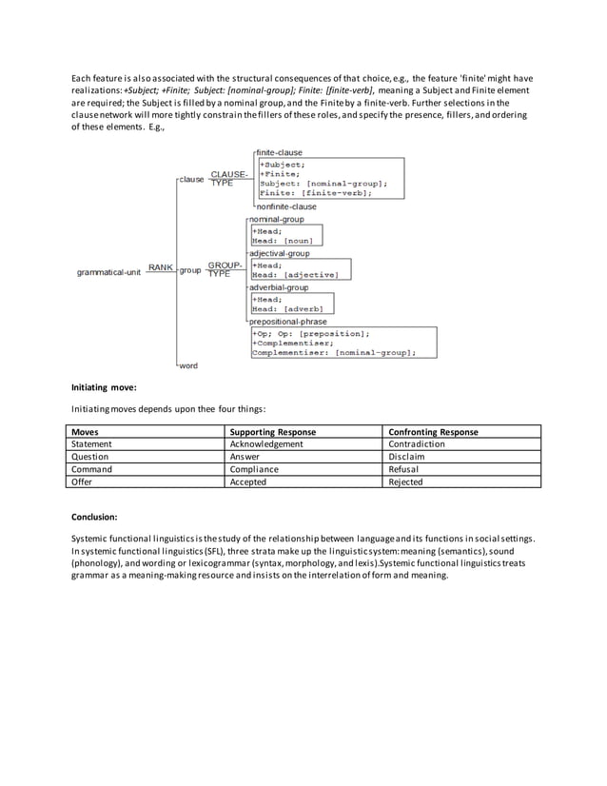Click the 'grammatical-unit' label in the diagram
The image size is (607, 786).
tap(108, 272)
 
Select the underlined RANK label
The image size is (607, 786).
tap(160, 267)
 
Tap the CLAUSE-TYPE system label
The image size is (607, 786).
tap(228, 178)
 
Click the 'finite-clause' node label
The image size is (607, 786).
tap(279, 152)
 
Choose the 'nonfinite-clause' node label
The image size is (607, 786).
tap(286, 206)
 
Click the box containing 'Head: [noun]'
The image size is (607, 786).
tap(285, 235)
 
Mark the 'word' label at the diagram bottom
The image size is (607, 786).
tap(188, 365)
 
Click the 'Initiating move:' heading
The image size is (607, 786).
tap(105, 388)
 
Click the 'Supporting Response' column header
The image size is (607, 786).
tap(273, 432)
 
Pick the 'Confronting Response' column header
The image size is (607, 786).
tap(434, 432)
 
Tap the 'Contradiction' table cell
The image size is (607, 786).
tap(418, 444)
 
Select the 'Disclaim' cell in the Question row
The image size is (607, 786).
tap(407, 457)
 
